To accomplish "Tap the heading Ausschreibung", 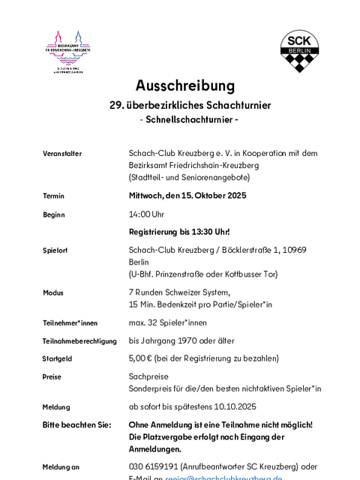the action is [185, 85].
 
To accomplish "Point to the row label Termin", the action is [54, 196].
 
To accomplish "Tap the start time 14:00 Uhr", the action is [147, 214].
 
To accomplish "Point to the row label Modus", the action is [53, 292].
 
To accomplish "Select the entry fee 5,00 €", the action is [140, 358].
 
